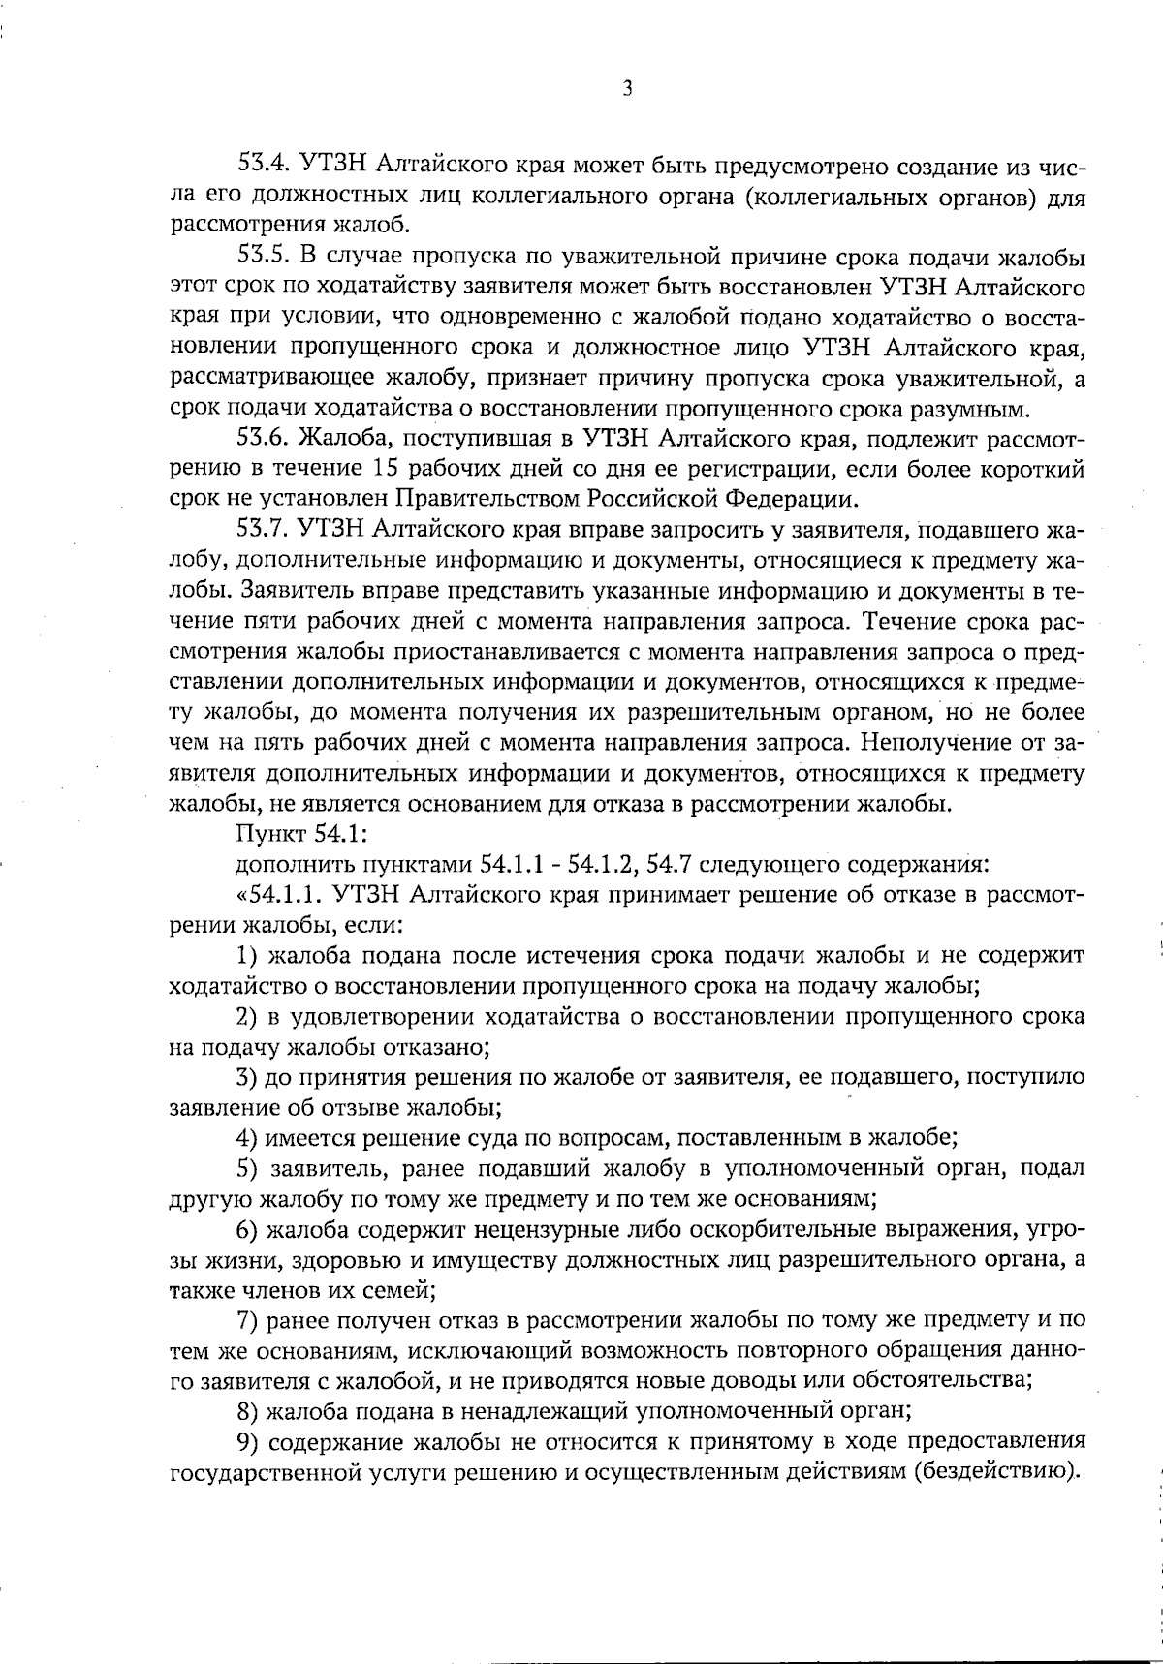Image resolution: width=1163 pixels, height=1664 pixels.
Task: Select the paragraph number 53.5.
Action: pos(264,259)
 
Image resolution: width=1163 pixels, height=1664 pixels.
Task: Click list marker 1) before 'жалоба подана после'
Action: pos(247,954)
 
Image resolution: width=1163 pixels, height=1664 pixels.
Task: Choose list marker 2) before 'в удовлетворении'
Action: pos(247,1016)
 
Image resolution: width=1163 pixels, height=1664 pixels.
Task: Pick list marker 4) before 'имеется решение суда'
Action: pos(247,1137)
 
